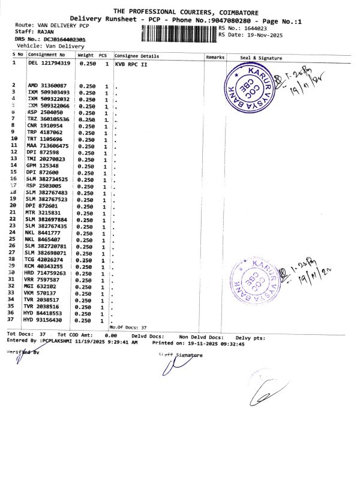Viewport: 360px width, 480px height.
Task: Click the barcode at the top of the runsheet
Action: pos(179,32)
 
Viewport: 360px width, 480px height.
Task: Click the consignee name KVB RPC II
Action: pos(131,63)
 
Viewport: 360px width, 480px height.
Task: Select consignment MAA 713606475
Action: pos(47,146)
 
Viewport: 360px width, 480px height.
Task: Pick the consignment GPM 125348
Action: pos(42,165)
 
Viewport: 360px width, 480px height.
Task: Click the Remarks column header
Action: pos(215,56)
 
